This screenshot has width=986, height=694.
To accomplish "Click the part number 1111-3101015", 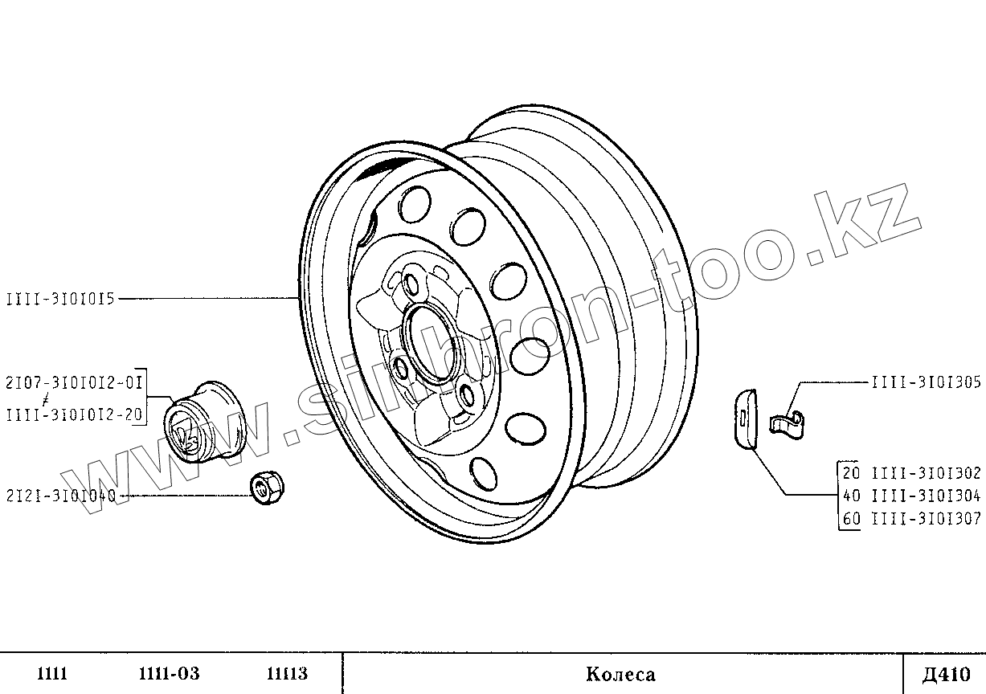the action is click(60, 300).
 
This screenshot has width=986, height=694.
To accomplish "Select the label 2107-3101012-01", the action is click(74, 382).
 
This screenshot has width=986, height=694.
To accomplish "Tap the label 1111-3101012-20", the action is click(74, 414).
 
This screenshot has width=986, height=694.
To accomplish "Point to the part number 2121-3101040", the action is click(61, 496).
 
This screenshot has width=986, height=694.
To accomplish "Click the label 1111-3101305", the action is click(927, 382).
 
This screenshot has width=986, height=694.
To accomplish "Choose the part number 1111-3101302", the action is click(927, 473).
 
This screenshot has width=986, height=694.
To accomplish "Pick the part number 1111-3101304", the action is click(927, 496).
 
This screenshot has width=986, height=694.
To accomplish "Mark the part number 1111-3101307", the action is click(927, 519).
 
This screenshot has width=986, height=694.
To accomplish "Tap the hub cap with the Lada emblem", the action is click(205, 422).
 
